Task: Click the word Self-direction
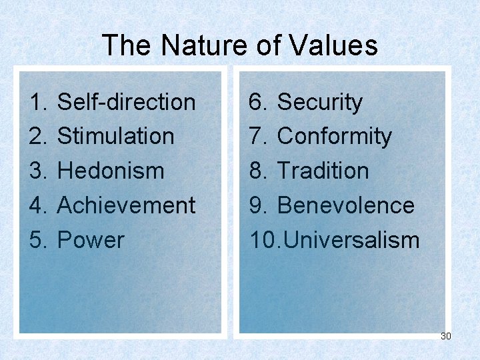pos(126,102)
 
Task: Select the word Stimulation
pos(115,136)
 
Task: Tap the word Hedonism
pos(111,171)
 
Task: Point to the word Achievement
pos(126,205)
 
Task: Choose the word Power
pos(91,240)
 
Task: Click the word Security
pos(319,102)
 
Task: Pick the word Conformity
pos(334,136)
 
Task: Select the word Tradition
pos(323,171)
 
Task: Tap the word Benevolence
pos(345,205)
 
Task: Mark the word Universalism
pos(348,240)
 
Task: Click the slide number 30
pos(445,336)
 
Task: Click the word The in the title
pos(127,46)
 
